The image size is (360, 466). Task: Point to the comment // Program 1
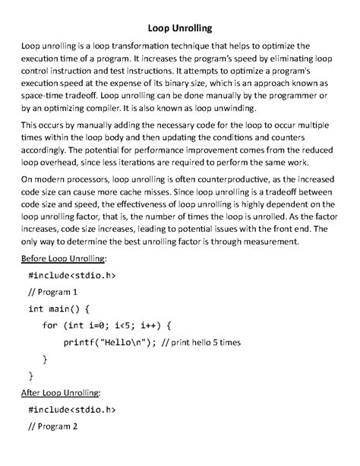(x=53, y=292)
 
